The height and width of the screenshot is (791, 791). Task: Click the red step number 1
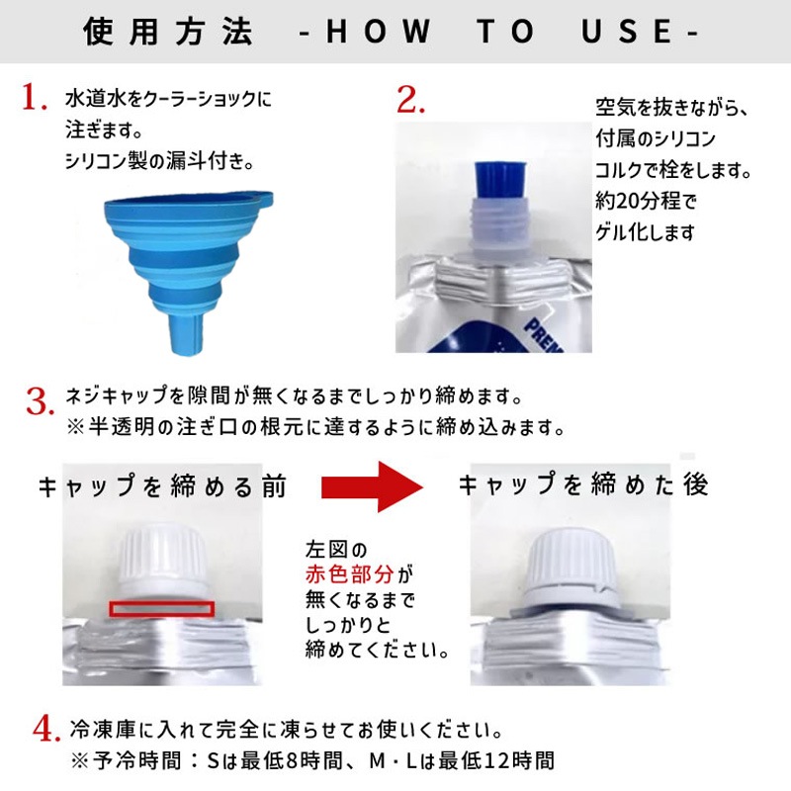click(35, 97)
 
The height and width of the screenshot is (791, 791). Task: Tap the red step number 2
click(410, 100)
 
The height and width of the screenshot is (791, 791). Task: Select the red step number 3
click(41, 402)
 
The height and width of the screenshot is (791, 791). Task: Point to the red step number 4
click(46, 729)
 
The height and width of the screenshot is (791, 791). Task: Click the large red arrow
click(373, 486)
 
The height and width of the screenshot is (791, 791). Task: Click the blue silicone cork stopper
click(500, 181)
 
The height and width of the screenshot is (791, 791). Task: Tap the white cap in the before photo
click(162, 561)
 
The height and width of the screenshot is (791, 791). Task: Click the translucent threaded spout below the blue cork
click(500, 227)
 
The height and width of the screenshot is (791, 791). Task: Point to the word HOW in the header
click(378, 32)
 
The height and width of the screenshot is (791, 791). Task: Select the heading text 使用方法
click(167, 32)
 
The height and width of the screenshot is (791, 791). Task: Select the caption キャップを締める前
click(162, 486)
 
